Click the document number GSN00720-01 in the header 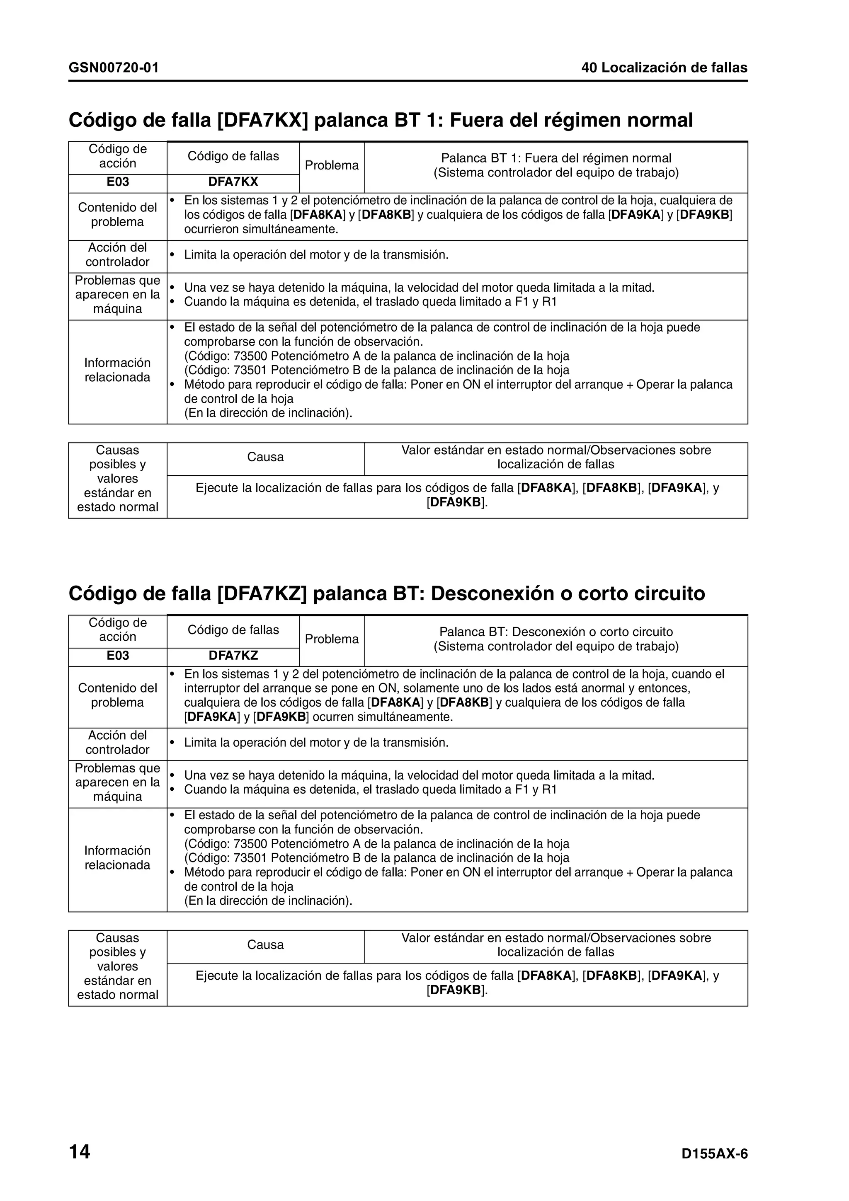(x=114, y=68)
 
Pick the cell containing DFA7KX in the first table (x=233, y=182)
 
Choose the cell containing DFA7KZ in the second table (x=233, y=656)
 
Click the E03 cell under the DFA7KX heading (x=118, y=182)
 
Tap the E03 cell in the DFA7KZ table (x=118, y=656)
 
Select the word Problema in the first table (x=332, y=165)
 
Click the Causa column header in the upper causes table (x=265, y=457)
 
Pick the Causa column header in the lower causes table (x=265, y=945)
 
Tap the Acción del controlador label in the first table (x=118, y=255)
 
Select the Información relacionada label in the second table (x=118, y=857)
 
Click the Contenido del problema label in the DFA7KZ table (x=118, y=695)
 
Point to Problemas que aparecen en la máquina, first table (x=118, y=295)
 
